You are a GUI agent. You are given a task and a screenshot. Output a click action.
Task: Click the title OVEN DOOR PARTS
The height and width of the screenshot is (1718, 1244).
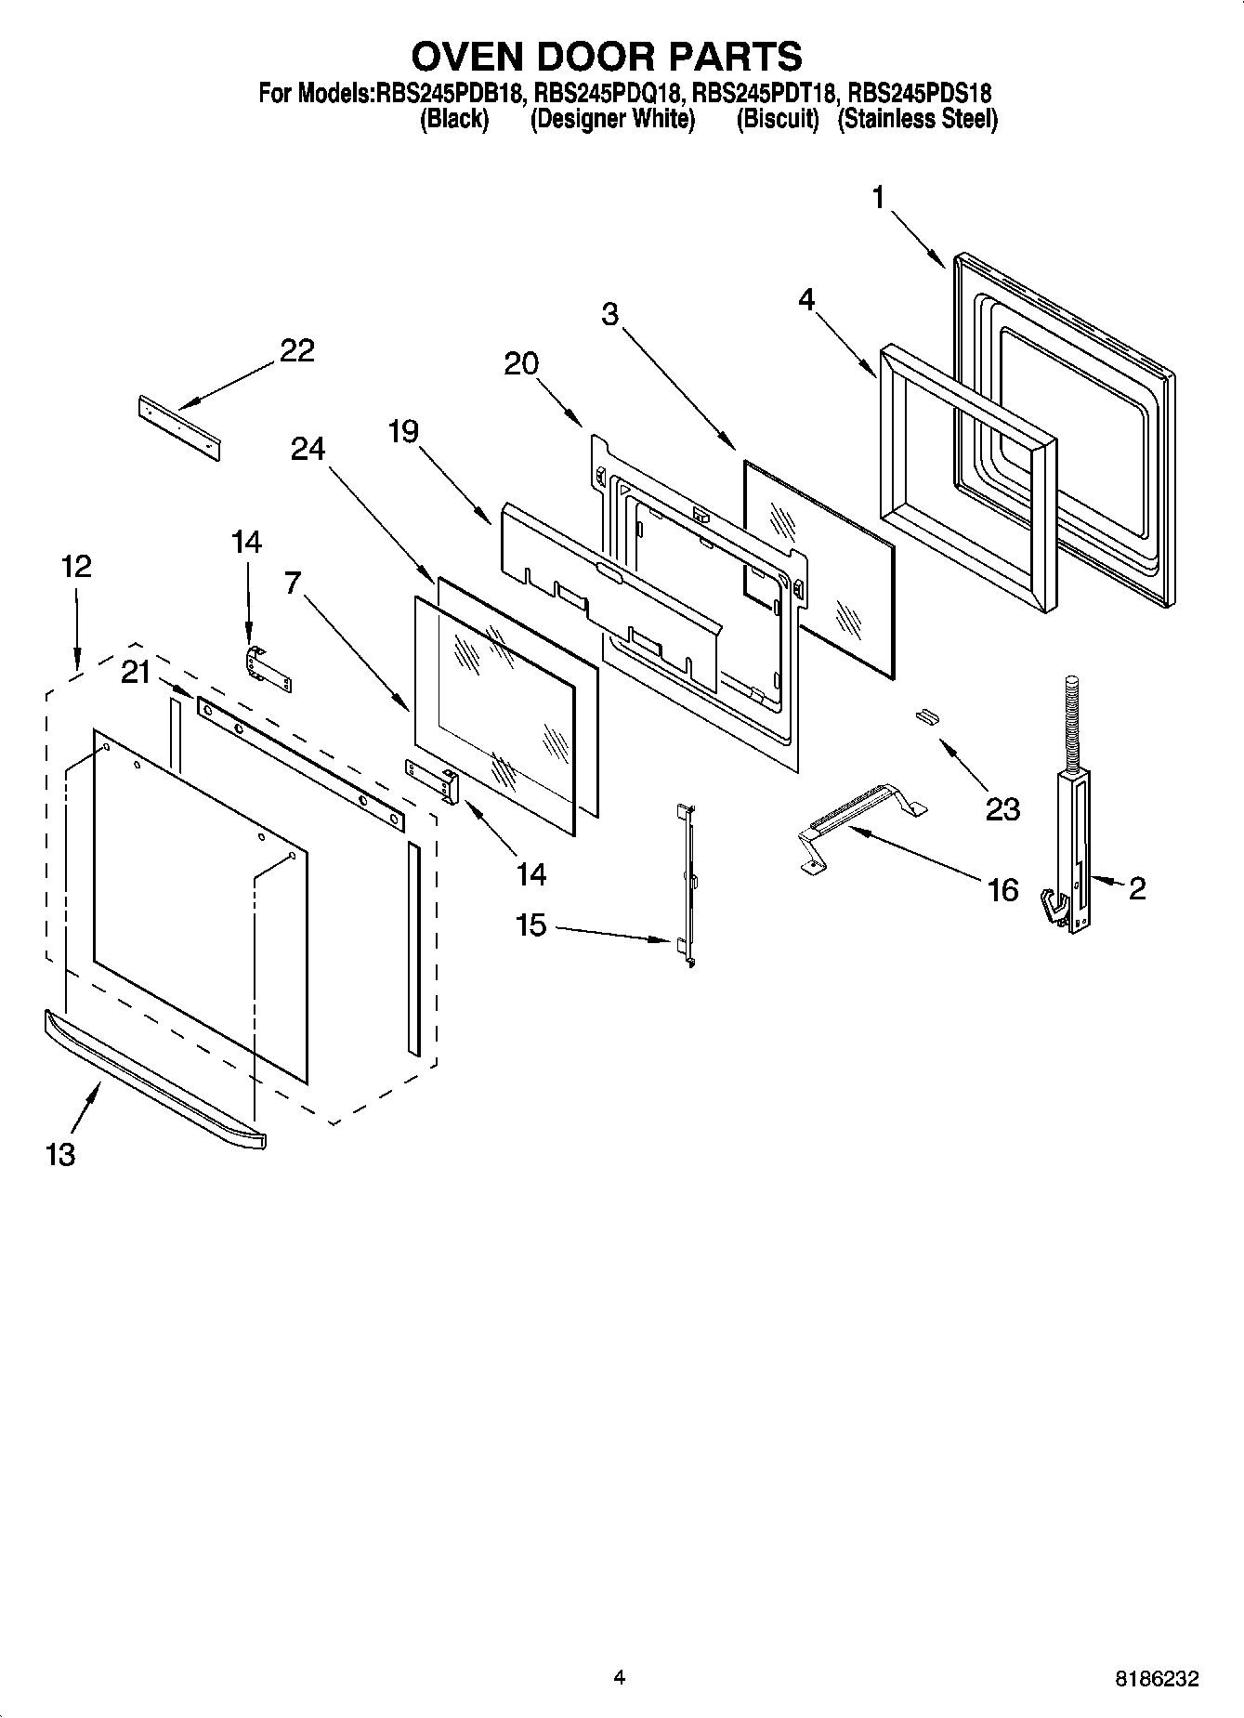click(608, 57)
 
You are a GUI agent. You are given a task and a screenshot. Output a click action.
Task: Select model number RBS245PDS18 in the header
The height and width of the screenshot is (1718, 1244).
click(920, 94)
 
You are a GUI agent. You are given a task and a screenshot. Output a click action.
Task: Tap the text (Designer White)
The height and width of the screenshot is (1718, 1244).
click(612, 120)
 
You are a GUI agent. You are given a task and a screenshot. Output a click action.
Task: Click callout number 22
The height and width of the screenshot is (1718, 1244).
click(297, 351)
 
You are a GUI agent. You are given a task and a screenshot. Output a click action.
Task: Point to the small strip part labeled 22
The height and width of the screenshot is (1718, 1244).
click(180, 426)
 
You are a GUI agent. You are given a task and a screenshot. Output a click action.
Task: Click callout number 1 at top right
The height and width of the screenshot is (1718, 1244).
click(878, 198)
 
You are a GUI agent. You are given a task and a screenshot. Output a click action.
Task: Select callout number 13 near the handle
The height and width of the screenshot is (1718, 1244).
click(60, 1155)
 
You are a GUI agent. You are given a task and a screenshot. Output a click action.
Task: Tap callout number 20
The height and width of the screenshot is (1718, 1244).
click(521, 363)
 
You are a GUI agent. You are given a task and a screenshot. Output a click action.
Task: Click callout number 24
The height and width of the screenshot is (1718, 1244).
click(308, 449)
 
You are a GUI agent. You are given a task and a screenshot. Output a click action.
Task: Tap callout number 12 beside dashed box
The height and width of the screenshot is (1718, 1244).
click(77, 566)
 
